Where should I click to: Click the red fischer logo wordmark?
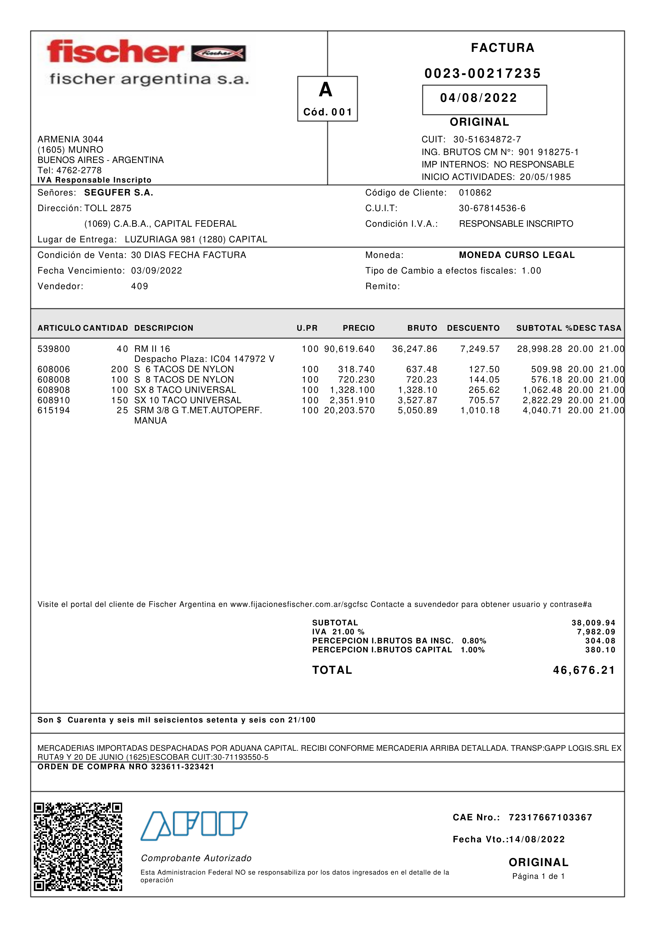(x=115, y=52)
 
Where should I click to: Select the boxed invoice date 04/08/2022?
(x=479, y=98)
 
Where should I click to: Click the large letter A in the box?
(x=325, y=90)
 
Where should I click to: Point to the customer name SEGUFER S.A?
(x=118, y=193)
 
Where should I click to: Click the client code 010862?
(x=475, y=193)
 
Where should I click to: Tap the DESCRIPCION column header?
(x=164, y=328)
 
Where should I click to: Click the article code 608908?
(x=54, y=390)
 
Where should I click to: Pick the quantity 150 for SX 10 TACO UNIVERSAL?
(x=120, y=400)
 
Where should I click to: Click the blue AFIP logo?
(x=194, y=825)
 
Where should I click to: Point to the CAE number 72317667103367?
(x=550, y=818)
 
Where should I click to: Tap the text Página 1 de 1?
(x=538, y=876)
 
